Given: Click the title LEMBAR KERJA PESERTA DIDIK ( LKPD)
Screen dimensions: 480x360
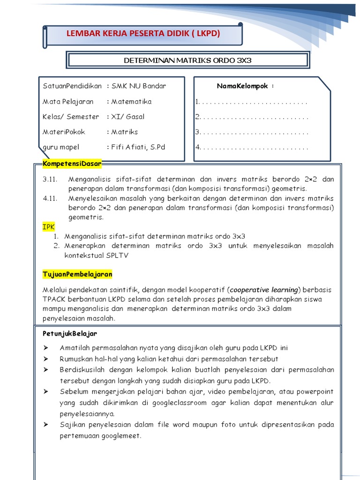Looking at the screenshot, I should (x=143, y=34).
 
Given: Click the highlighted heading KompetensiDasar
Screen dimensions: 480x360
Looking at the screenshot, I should (x=72, y=164).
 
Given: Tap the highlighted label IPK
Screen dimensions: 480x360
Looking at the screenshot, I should (x=49, y=226).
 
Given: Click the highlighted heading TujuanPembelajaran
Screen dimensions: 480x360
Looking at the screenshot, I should (x=77, y=274).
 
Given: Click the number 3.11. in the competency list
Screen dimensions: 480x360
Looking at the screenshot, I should (x=50, y=179).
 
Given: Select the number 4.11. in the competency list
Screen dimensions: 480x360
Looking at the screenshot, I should (x=50, y=198).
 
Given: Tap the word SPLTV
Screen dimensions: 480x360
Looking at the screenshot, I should (x=117, y=255).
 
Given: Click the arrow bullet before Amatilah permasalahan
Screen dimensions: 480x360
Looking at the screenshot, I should (x=45, y=347).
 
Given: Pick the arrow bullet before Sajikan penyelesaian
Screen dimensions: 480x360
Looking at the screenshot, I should (x=45, y=424).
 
